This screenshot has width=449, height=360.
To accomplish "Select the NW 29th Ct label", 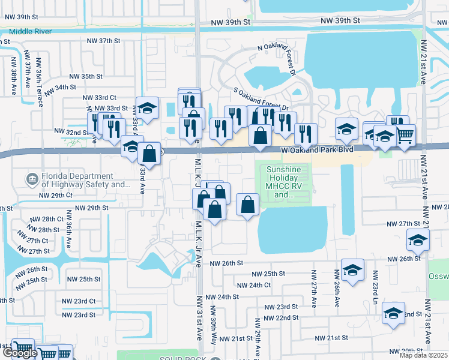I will (x=55, y=196).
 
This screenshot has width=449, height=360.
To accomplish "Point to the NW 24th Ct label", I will (x=254, y=285).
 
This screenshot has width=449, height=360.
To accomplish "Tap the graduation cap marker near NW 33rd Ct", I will (x=147, y=108).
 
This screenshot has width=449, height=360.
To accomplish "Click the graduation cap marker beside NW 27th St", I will (x=418, y=240).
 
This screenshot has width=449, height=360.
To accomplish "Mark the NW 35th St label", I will (x=86, y=77).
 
